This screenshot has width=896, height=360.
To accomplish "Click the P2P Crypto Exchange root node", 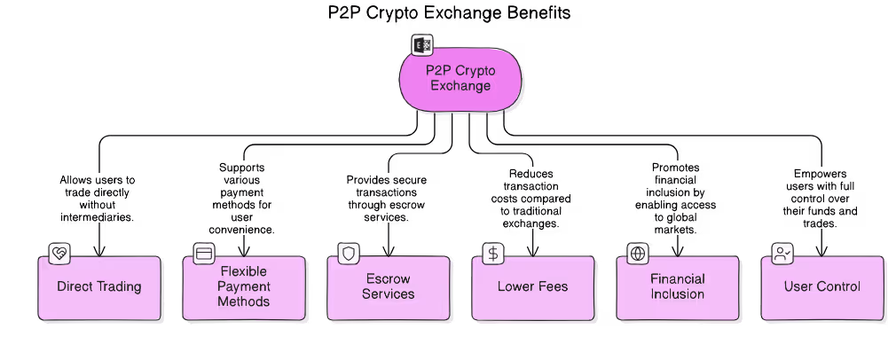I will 460,80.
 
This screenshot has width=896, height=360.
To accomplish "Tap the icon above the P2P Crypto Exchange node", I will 421,45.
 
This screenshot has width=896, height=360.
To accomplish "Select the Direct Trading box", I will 99,288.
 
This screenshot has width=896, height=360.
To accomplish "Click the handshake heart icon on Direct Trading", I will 59,254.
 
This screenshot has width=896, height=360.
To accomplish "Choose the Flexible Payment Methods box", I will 244,288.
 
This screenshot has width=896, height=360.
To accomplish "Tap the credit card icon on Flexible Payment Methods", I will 204,254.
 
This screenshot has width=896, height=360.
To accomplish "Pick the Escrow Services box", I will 388,288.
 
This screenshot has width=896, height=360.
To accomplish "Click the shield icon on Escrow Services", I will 349,254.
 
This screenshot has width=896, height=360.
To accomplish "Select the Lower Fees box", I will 532,288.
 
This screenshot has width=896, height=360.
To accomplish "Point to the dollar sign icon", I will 493,254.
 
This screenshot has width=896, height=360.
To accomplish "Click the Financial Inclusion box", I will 677,288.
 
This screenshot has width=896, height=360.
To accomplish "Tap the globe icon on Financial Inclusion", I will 638,254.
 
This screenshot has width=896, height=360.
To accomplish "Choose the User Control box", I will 821,288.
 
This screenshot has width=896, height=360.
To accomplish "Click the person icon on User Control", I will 782,254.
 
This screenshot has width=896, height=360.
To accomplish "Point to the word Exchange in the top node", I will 460,87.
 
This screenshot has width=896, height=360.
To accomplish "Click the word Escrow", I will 389,279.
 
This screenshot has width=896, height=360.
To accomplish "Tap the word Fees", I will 550,287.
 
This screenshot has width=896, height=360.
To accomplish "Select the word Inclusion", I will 677,294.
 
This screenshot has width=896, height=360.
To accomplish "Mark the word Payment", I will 244,286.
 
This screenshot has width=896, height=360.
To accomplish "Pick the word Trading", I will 119,287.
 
